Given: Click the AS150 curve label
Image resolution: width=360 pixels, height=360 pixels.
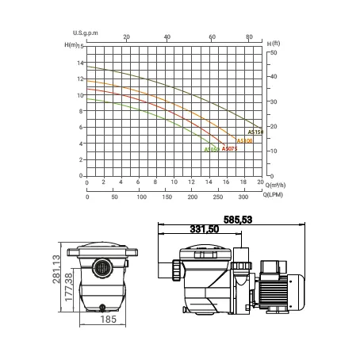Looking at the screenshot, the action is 255,132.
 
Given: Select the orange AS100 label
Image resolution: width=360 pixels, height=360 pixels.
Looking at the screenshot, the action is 244,141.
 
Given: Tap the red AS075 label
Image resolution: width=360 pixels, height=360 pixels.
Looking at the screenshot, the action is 229,149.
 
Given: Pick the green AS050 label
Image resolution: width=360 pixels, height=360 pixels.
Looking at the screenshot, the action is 212,150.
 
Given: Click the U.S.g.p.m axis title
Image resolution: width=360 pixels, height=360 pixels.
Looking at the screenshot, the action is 86,33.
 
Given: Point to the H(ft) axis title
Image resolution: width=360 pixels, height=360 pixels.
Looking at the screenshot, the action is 274,44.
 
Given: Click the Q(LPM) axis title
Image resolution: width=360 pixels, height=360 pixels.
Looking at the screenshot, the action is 273,195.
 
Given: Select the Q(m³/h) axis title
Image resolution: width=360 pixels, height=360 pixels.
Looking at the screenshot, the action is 275,185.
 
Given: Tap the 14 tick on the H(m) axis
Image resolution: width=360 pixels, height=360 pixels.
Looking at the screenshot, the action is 80,63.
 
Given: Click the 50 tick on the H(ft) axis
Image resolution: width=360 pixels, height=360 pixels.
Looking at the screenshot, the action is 274,52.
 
